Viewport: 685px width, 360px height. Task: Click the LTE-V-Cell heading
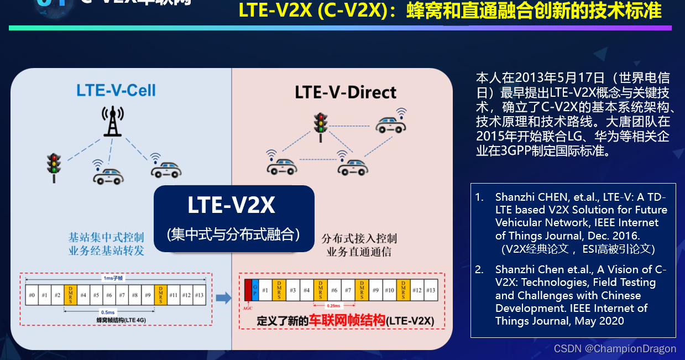pos(116,90)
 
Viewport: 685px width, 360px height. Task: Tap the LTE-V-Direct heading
pos(346,92)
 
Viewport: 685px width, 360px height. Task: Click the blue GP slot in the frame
pos(255,290)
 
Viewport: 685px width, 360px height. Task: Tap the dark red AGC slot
pos(248,290)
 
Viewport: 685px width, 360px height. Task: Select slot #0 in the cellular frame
pos(32,295)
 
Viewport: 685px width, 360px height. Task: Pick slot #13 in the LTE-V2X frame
pos(431,290)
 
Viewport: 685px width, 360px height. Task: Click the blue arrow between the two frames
pos(223,299)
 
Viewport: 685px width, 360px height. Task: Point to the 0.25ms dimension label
pos(334,304)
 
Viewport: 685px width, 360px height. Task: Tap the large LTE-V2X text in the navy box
pos(231,206)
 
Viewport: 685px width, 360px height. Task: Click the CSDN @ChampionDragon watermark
pos(615,348)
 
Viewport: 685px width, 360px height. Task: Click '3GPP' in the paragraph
pos(517,150)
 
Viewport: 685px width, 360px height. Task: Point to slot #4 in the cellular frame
pos(83,295)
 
